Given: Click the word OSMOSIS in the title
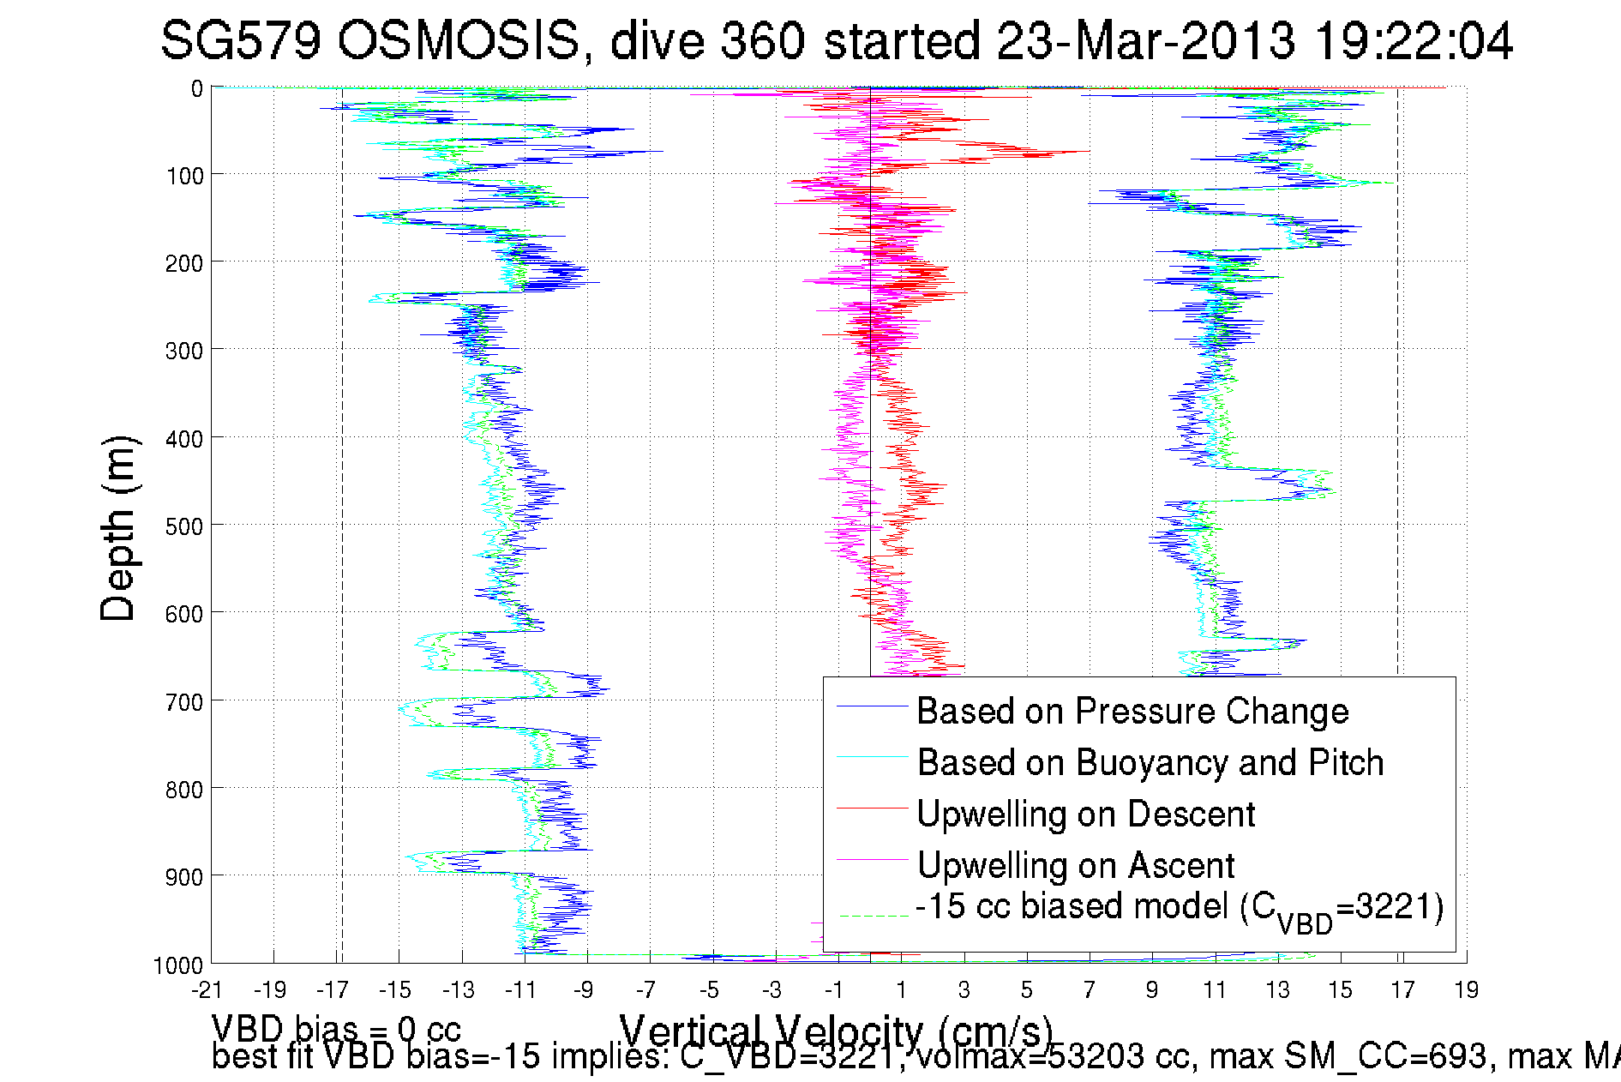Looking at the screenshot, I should click(458, 40).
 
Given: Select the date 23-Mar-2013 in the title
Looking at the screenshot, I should click(1145, 40).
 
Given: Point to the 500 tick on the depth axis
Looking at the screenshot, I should click(184, 526).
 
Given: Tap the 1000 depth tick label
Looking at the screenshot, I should click(178, 965).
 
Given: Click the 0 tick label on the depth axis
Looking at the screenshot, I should click(197, 88).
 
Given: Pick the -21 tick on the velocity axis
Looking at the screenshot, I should click(207, 990).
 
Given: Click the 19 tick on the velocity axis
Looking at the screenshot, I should click(1466, 990).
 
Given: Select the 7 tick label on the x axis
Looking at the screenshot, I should click(1089, 990).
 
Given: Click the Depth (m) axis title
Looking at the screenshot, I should click(117, 528).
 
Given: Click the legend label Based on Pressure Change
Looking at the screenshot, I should click(1132, 711).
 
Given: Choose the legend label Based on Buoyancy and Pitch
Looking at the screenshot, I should click(1150, 762).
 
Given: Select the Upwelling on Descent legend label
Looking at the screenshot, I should click(1086, 814).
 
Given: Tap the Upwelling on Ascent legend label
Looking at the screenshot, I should click(1076, 865).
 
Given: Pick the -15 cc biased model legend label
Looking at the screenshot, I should click(1180, 908).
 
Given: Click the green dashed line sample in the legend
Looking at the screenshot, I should click(872, 916).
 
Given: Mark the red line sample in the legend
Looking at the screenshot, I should click(872, 808).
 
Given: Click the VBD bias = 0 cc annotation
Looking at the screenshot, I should click(336, 1028).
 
